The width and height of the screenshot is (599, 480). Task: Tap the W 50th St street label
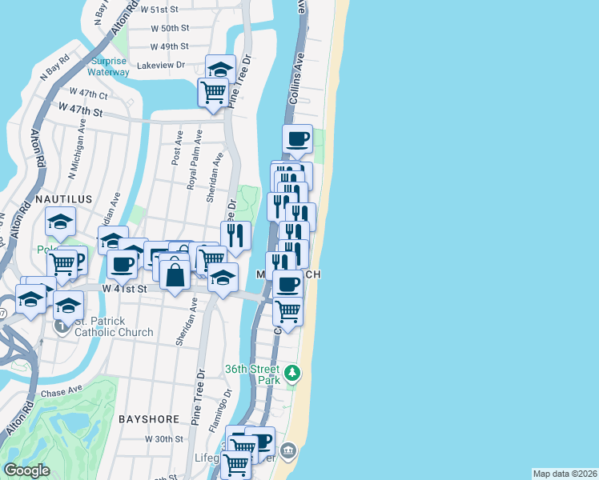pyautogui.click(x=169, y=28)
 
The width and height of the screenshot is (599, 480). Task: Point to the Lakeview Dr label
pyautogui.click(x=161, y=66)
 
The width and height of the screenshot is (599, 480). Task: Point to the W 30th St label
pyautogui.click(x=164, y=439)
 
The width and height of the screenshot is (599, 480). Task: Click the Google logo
pyautogui.click(x=27, y=470)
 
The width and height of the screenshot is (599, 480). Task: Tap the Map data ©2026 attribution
pyautogui.click(x=565, y=473)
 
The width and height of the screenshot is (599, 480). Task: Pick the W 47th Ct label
pyautogui.click(x=88, y=93)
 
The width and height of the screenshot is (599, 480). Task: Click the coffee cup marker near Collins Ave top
pyautogui.click(x=297, y=138)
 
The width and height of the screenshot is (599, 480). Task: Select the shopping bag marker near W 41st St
pyautogui.click(x=175, y=275)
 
